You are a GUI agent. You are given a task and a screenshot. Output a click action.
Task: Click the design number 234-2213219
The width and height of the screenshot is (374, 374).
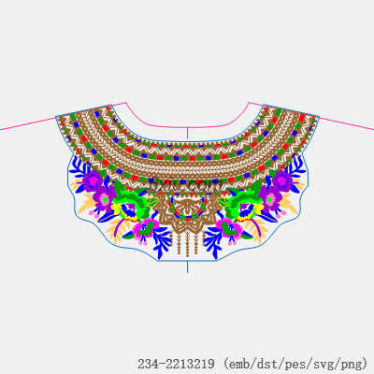click(176, 364)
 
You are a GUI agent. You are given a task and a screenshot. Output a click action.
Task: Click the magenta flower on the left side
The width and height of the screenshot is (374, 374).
click(144, 227)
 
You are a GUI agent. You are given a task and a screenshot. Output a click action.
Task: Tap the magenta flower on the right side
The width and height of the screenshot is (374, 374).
click(230, 227)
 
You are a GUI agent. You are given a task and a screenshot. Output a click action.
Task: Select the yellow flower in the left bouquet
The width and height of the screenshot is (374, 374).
click(124, 212)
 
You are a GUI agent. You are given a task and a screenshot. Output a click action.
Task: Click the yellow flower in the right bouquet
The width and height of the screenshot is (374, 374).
click(251, 212)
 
